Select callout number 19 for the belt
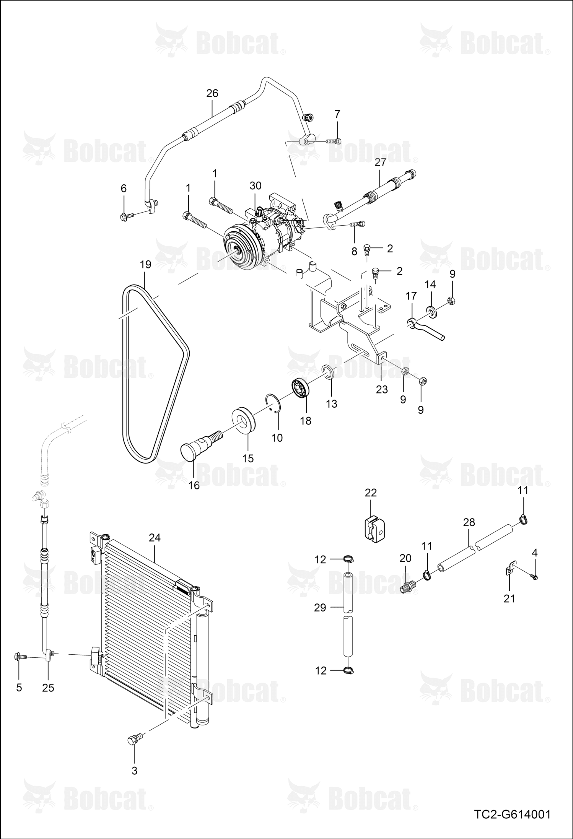146,264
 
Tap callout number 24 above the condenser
155,538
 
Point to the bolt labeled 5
20,657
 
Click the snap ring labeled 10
274,403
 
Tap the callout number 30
256,185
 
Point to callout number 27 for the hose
380,162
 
